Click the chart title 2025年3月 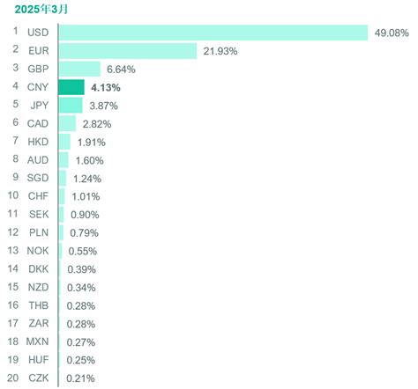pyautogui.click(x=40, y=10)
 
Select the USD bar pyautogui.click(x=212, y=33)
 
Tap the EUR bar pyautogui.click(x=127, y=51)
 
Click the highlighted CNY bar pyautogui.click(x=71, y=87)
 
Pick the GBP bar pyautogui.click(x=79, y=69)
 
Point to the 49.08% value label pyautogui.click(x=392, y=33)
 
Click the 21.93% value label pyautogui.click(x=221, y=51)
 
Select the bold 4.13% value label pyautogui.click(x=106, y=87)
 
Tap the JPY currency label pyautogui.click(x=38, y=106)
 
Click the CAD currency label pyautogui.click(x=38, y=124)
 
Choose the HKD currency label pyautogui.click(x=38, y=142)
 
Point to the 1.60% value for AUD pyautogui.click(x=89, y=160)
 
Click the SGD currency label pyautogui.click(x=38, y=179)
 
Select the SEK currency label pyautogui.click(x=38, y=215)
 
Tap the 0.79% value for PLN pyautogui.click(x=84, y=233)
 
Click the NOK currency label pyautogui.click(x=38, y=251)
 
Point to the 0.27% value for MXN pyautogui.click(x=80, y=341)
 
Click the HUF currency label pyautogui.click(x=38, y=360)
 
